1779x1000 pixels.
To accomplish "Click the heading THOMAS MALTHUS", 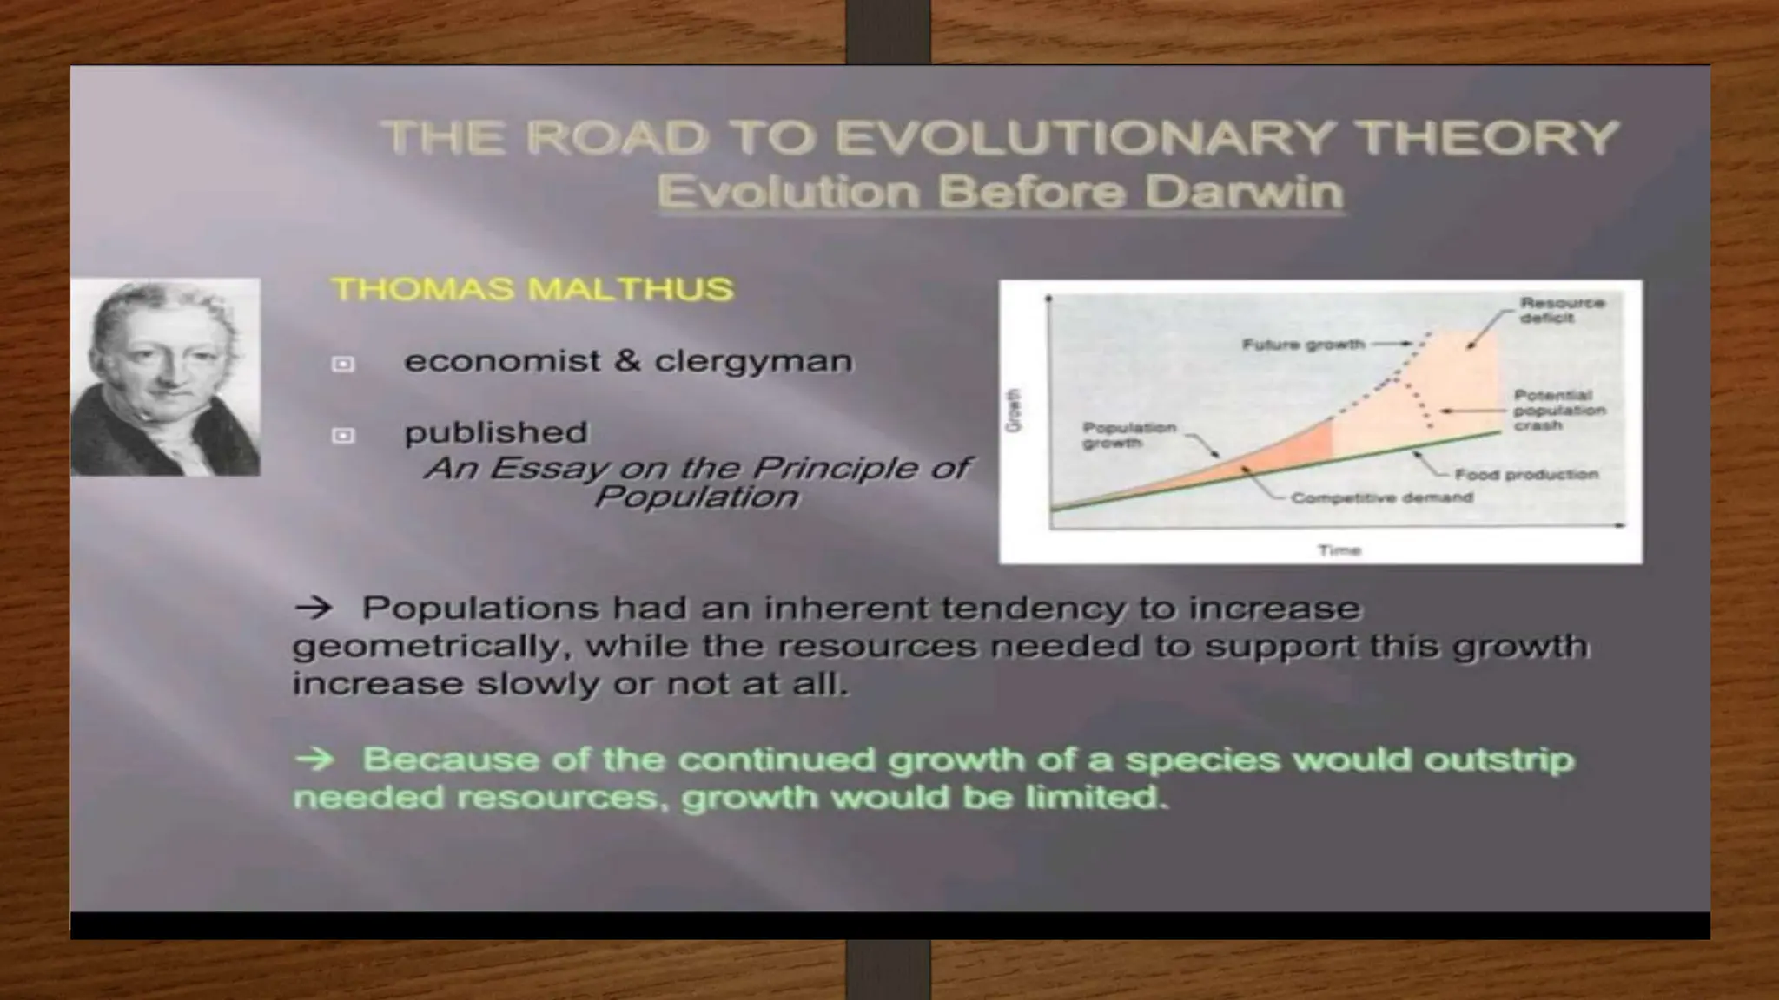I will (532, 289).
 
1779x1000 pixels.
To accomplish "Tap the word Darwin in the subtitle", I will (1244, 192).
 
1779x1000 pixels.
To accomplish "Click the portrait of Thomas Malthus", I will (165, 377).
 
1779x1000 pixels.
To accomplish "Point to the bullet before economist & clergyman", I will (343, 364).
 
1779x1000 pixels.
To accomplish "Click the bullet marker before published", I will (343, 436).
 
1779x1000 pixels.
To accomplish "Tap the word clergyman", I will (753, 361).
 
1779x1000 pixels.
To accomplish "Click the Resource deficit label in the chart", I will (1561, 310).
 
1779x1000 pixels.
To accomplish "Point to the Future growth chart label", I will (1303, 345).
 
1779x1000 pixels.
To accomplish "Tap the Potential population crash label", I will (1559, 410).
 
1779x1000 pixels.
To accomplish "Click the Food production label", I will (1526, 474).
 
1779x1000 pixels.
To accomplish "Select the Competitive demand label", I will (1381, 497).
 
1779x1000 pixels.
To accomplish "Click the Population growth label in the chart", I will (1128, 435).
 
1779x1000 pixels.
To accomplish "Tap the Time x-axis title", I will (1339, 549).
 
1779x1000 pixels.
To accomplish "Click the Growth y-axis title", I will (1014, 411).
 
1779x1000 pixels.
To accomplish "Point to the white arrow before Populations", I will (313, 608).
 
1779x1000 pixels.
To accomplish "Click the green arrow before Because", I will (313, 760).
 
